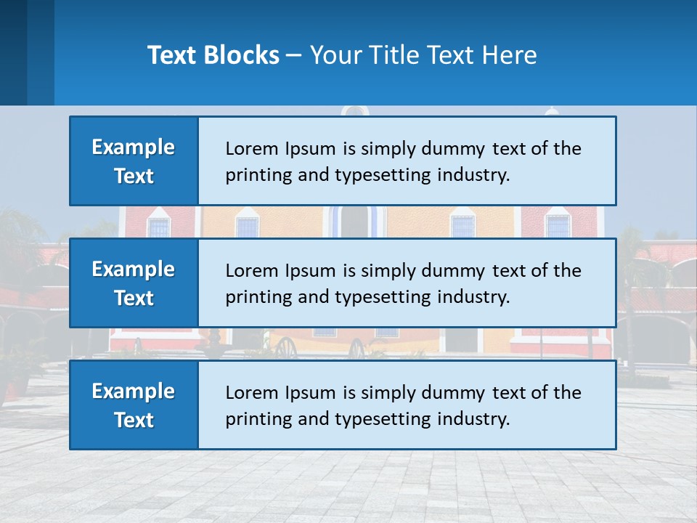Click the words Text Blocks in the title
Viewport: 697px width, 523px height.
(x=213, y=55)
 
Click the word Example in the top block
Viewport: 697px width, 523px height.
(x=134, y=147)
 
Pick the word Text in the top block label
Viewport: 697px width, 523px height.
(x=134, y=176)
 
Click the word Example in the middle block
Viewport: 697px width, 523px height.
(x=134, y=269)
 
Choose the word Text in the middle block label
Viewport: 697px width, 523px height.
(x=134, y=298)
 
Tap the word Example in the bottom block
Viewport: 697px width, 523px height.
(x=134, y=392)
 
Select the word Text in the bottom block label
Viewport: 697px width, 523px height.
(x=134, y=420)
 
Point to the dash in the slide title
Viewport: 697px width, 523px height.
(x=295, y=55)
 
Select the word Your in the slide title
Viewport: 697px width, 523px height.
(x=334, y=55)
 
